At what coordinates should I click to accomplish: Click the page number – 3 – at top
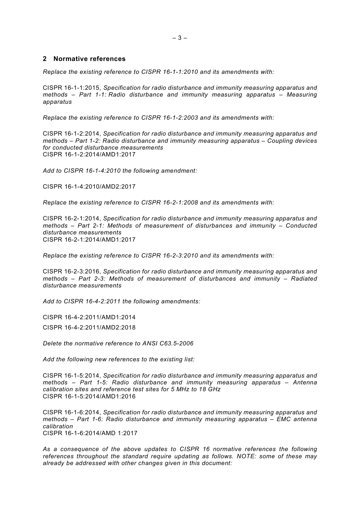[180, 38]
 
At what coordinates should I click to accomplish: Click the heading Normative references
[89, 59]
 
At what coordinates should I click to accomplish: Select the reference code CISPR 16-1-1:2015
[72, 88]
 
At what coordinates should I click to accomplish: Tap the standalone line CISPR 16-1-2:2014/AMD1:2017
[89, 155]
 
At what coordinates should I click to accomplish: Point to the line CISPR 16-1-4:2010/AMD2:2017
[89, 187]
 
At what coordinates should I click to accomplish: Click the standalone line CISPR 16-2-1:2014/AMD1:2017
[89, 240]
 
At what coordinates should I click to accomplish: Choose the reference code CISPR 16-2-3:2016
[72, 272]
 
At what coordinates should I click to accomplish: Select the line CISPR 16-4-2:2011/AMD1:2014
[89, 317]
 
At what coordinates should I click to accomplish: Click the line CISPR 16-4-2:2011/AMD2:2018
[89, 328]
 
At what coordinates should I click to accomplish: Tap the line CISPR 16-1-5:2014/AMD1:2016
[89, 397]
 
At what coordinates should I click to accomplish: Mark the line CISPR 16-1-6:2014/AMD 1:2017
[90, 433]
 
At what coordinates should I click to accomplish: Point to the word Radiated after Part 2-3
[304, 279]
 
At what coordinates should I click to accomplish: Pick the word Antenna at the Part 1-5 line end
[304, 383]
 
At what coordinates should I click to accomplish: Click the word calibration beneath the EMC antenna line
[58, 426]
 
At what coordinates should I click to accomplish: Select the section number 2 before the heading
[45, 59]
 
